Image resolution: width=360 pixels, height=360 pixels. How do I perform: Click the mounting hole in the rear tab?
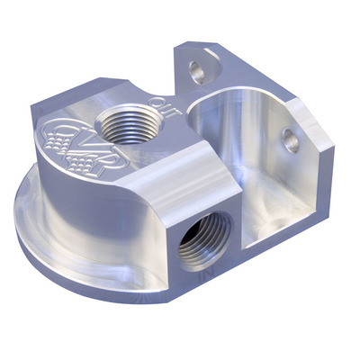[x=195, y=71]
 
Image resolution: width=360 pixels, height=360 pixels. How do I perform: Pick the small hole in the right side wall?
[x=289, y=139]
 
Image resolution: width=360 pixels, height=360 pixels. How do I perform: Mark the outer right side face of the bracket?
[x=319, y=180]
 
